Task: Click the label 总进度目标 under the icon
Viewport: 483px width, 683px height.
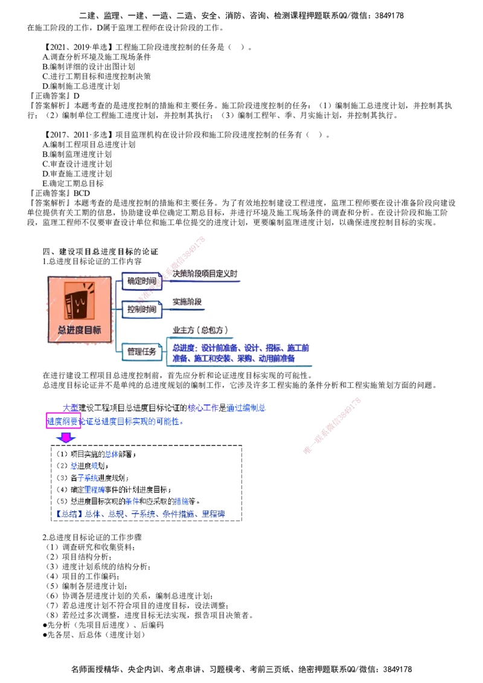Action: [x=79, y=330]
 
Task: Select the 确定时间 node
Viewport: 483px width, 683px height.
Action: [x=141, y=281]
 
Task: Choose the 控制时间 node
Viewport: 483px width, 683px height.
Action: [x=142, y=309]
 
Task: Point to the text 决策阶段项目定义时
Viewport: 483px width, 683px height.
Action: [x=206, y=273]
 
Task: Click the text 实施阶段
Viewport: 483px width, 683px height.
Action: [x=187, y=301]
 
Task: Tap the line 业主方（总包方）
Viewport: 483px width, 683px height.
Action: [x=201, y=329]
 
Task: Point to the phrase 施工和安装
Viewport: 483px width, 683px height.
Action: [x=208, y=358]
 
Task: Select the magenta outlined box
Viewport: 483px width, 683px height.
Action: [x=62, y=421]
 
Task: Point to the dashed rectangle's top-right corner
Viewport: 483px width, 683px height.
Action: [x=242, y=446]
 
